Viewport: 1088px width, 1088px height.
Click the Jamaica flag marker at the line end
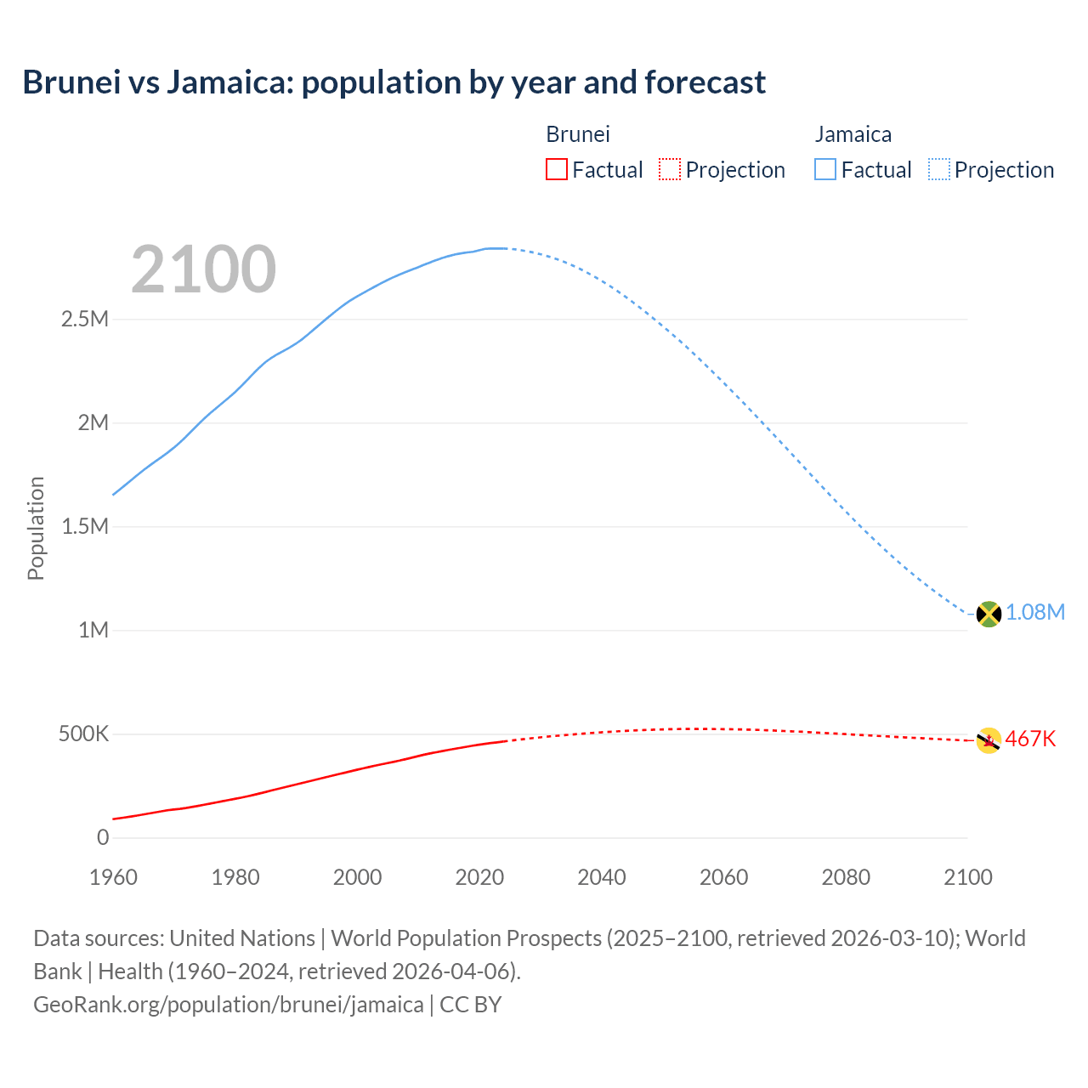tap(989, 614)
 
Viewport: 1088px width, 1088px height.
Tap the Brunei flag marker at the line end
tap(989, 740)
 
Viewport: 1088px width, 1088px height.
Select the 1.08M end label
tap(1035, 613)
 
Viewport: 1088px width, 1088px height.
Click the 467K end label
tap(1030, 739)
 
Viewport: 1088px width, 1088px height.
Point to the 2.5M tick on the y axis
tap(85, 320)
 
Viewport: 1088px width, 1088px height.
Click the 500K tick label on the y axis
tap(83, 734)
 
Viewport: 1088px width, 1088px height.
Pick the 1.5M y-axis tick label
tap(85, 527)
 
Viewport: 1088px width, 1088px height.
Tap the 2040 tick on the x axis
tap(602, 877)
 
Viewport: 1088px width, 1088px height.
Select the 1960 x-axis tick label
tap(113, 877)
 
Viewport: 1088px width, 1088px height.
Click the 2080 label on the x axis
tap(846, 877)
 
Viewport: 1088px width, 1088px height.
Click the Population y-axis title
tap(36, 528)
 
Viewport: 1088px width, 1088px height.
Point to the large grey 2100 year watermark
tap(203, 269)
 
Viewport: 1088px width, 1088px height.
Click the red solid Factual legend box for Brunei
tap(557, 169)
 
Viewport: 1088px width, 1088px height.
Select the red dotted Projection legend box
tap(670, 169)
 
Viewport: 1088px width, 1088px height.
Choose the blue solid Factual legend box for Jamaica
tap(825, 169)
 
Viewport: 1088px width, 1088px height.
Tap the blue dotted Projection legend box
tap(939, 169)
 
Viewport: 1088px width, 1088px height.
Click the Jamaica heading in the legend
tap(853, 134)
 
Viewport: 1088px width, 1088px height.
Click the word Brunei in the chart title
tap(71, 82)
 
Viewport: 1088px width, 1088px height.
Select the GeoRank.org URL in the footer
tap(228, 1005)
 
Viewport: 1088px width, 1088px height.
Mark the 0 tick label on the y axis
tap(103, 838)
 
